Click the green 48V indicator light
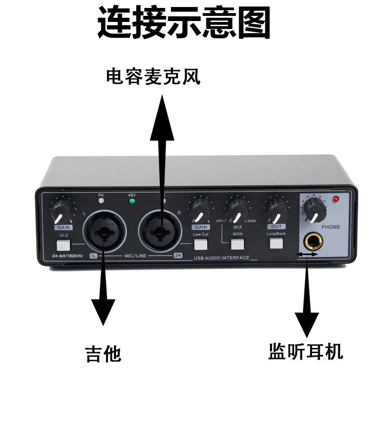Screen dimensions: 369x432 click(132, 201)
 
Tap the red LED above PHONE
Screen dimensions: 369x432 click(335, 199)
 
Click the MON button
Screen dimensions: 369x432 click(238, 243)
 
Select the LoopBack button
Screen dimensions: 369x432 click(276, 243)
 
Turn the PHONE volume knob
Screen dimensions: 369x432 click(314, 209)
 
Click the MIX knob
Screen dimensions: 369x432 click(238, 209)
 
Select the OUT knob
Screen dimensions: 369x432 click(276, 209)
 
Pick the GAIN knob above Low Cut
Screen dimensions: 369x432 click(200, 209)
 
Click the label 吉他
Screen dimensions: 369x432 click(103, 354)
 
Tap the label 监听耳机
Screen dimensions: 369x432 click(305, 351)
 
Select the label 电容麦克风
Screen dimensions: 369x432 click(153, 77)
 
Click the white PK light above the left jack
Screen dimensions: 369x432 click(101, 201)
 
